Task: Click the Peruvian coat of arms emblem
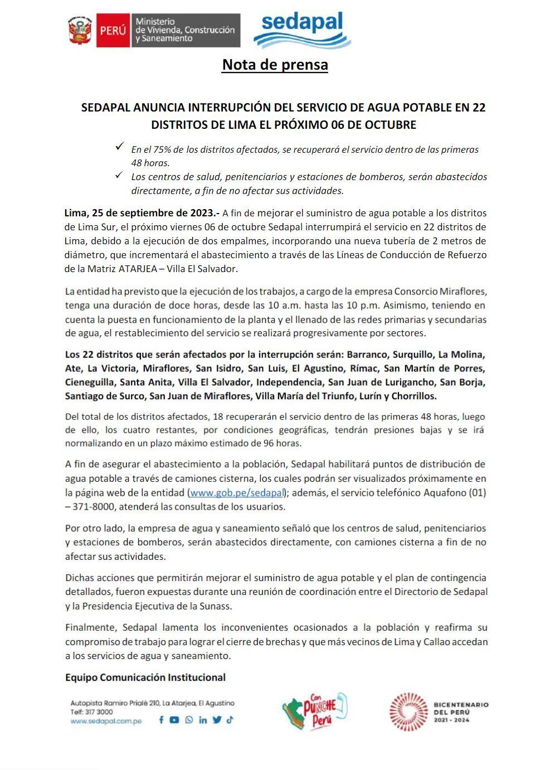80,30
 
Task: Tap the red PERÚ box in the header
114,30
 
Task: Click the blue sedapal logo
302,30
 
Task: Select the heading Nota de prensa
275,65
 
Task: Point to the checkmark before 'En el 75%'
119,146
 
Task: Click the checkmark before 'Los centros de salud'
119,175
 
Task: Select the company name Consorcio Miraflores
440,291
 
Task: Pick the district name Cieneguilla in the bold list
89,382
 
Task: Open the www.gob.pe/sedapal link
237,493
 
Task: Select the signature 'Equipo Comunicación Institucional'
145,677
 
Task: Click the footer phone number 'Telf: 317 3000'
91,712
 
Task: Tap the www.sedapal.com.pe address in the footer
106,721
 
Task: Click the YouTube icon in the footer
174,720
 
